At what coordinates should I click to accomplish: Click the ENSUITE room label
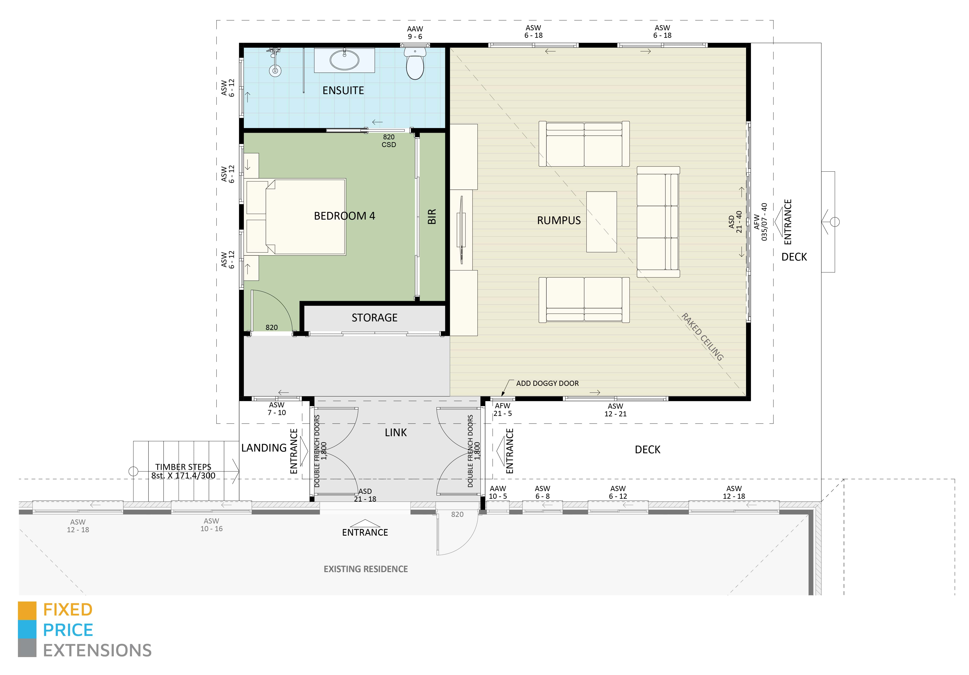coord(343,90)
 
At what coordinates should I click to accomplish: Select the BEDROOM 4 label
coord(344,216)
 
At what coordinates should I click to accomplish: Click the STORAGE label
coord(374,318)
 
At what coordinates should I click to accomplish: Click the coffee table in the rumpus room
coord(601,222)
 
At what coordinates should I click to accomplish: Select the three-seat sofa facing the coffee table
coord(658,222)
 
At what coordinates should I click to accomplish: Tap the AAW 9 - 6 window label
coord(415,32)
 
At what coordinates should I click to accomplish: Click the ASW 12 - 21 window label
coord(615,410)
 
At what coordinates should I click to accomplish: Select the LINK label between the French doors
coord(396,432)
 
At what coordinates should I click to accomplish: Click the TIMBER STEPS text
coord(183,467)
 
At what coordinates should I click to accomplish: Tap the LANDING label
coord(264,448)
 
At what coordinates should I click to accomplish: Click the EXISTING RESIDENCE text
coord(365,569)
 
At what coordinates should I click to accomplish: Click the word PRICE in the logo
coord(68,630)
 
